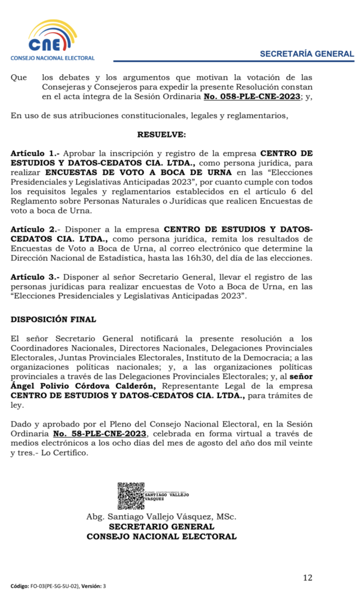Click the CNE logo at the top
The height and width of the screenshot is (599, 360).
[52, 36]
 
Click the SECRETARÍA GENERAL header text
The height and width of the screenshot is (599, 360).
[307, 54]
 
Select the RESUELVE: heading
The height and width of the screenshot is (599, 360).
[162, 135]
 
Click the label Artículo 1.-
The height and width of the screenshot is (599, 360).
[35, 152]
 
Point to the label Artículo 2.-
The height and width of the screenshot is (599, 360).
[35, 230]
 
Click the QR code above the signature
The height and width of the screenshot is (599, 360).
[131, 496]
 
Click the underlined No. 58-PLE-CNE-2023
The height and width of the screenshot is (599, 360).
[100, 433]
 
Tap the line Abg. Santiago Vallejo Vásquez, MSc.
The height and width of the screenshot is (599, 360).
[162, 517]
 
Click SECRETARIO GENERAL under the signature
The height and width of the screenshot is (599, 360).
[162, 526]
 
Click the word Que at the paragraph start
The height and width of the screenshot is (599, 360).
[19, 77]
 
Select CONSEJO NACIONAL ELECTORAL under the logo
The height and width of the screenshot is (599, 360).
[52, 58]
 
